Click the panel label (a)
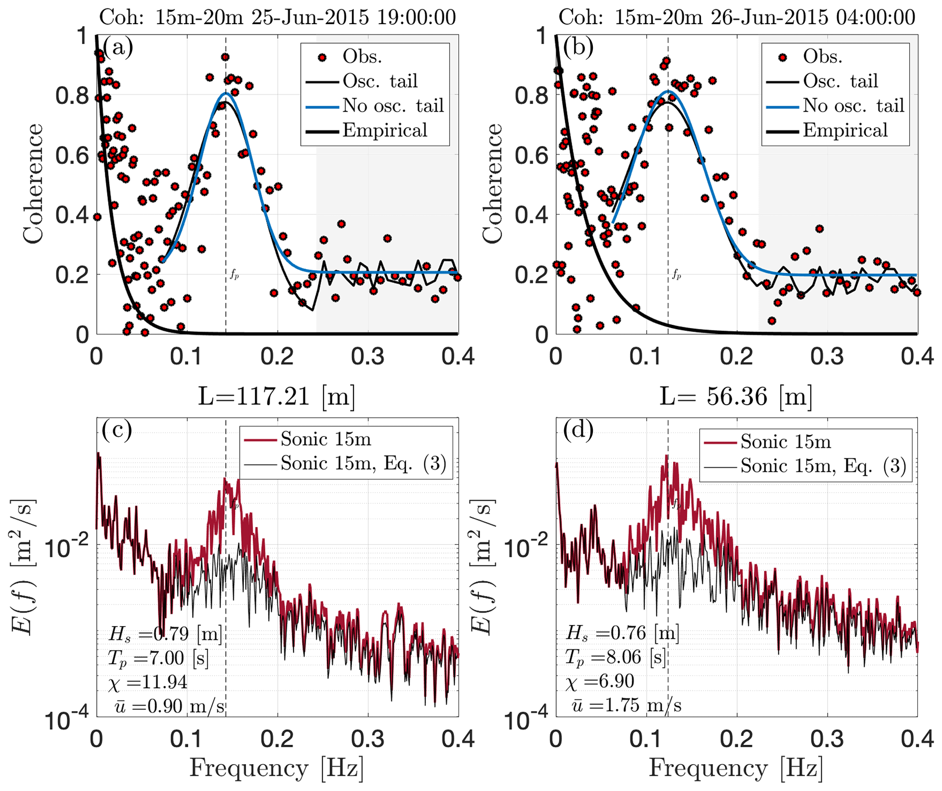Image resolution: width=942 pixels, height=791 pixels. tap(118, 47)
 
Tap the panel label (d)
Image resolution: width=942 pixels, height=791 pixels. tap(578, 431)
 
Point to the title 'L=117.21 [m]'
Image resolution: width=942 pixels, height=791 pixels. tap(276, 396)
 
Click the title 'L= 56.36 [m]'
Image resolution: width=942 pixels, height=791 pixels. tap(736, 396)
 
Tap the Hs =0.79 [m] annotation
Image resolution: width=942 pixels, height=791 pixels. tap(165, 633)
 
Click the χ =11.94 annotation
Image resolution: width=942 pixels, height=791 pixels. tap(148, 682)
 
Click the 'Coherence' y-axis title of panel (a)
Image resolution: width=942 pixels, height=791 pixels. tap(33, 184)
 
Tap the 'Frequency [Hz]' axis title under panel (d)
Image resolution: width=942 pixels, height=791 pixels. tap(736, 768)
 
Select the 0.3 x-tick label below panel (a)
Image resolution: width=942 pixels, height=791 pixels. tap(368, 356)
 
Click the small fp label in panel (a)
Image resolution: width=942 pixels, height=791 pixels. tap(234, 274)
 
